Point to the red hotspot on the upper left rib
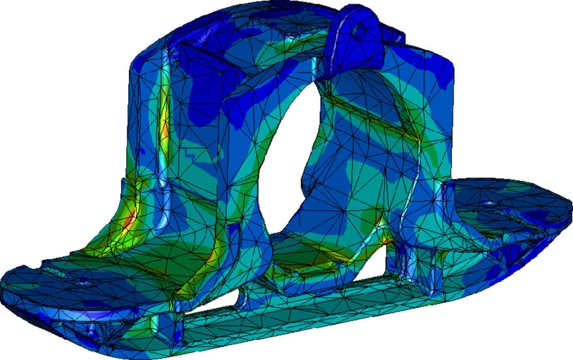(163, 133)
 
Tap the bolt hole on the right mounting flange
(489, 203)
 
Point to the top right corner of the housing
(451, 60)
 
